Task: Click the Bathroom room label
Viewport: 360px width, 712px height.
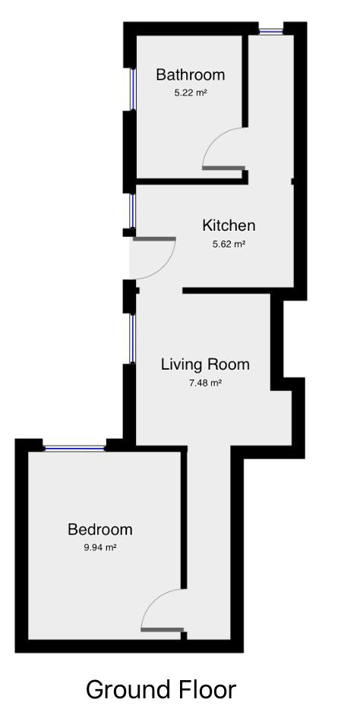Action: [x=190, y=74]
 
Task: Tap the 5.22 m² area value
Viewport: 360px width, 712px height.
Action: [x=191, y=93]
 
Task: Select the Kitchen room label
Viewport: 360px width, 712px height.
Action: [x=229, y=225]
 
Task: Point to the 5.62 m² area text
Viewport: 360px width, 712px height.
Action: [x=229, y=244]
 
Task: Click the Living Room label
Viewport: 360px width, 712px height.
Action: [x=205, y=364]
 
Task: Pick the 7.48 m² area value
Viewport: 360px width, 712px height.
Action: [x=205, y=383]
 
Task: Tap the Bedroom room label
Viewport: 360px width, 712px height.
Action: [x=99, y=529]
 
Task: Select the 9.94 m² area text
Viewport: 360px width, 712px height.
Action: [x=99, y=547]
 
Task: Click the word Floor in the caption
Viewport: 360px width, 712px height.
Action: [x=207, y=690]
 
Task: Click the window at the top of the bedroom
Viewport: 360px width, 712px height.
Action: [x=74, y=448]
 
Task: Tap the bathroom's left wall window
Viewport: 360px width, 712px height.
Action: [x=132, y=90]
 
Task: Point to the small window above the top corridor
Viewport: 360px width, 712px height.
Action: [x=270, y=31]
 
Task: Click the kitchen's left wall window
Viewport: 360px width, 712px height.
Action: [x=132, y=210]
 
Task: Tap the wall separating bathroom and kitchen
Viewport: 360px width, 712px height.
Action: [x=190, y=181]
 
